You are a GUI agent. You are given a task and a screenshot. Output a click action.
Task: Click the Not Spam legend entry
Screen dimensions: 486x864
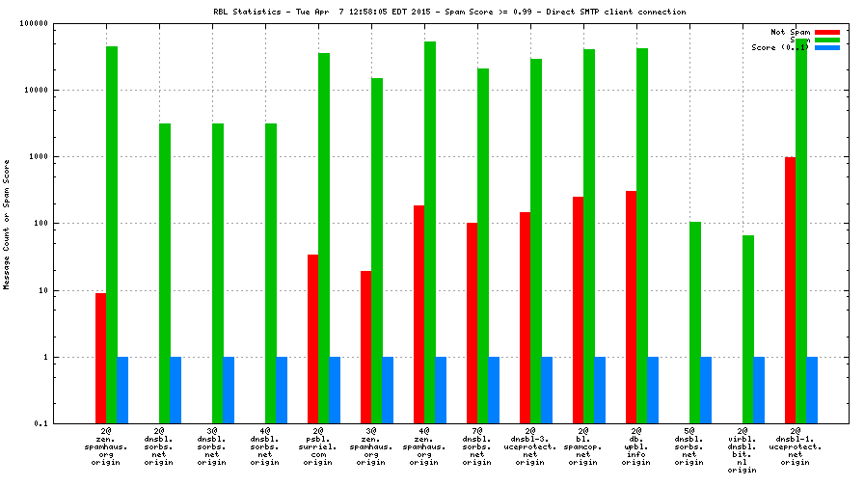pyautogui.click(x=790, y=32)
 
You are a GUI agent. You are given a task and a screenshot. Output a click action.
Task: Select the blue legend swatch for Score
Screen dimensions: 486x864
pyautogui.click(x=826, y=47)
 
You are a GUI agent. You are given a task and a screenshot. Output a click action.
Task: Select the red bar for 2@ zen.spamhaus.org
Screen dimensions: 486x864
pyautogui.click(x=100, y=358)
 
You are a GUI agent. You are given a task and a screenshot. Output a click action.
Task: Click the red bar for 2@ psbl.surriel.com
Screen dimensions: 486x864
pyautogui.click(x=312, y=338)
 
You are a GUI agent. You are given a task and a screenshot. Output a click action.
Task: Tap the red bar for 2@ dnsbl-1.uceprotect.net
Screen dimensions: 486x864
pyautogui.click(x=790, y=290)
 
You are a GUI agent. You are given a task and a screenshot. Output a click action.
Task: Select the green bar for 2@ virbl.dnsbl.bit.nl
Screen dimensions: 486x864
pyautogui.click(x=748, y=329)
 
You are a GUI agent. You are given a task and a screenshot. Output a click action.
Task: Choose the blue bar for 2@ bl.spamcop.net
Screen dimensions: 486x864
pyautogui.click(x=600, y=390)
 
